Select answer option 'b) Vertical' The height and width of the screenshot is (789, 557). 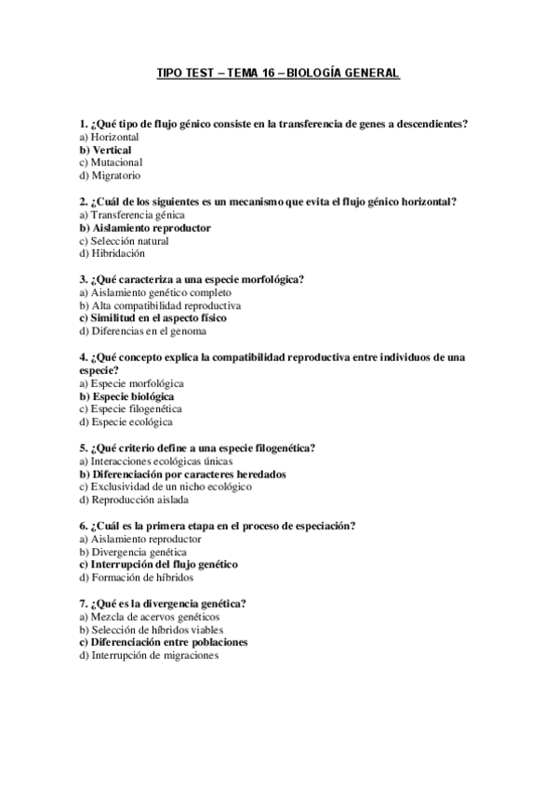coord(105,149)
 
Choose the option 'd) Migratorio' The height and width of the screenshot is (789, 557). coord(110,175)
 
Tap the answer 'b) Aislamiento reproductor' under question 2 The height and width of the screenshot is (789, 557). coord(145,227)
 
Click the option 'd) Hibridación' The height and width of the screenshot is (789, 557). coord(112,253)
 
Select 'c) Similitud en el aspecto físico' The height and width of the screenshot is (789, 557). coord(153,317)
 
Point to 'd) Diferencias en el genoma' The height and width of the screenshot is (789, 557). coord(142,330)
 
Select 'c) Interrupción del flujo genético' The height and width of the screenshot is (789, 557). coord(158,564)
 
